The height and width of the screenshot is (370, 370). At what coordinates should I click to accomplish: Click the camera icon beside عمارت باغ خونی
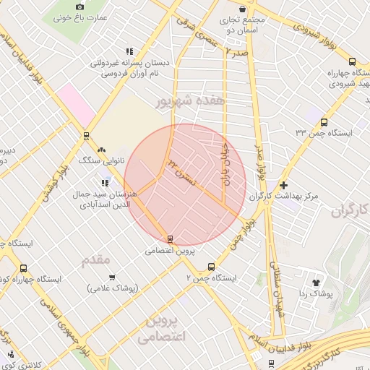79,6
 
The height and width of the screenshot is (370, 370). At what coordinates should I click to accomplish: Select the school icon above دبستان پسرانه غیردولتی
129,52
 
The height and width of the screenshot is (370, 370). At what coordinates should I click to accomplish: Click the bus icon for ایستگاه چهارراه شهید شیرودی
352,62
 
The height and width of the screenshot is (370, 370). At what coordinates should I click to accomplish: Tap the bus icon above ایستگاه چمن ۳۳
323,122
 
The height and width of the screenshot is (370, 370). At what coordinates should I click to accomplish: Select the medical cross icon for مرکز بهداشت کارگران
283,185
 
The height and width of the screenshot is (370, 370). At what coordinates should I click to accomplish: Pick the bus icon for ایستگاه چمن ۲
210,266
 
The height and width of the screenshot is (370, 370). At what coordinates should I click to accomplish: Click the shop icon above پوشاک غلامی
112,277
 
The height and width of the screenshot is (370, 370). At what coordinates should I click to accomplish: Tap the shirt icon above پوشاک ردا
316,282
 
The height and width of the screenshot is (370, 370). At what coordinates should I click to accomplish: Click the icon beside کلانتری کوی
12,353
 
